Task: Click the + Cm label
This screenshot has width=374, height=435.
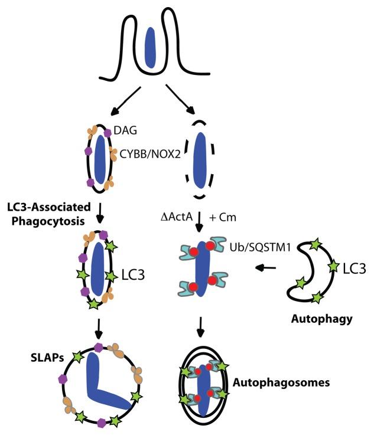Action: [226, 218]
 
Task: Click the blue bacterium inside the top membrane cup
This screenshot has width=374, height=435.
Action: [151, 47]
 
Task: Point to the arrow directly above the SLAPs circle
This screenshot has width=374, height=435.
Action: [101, 329]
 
